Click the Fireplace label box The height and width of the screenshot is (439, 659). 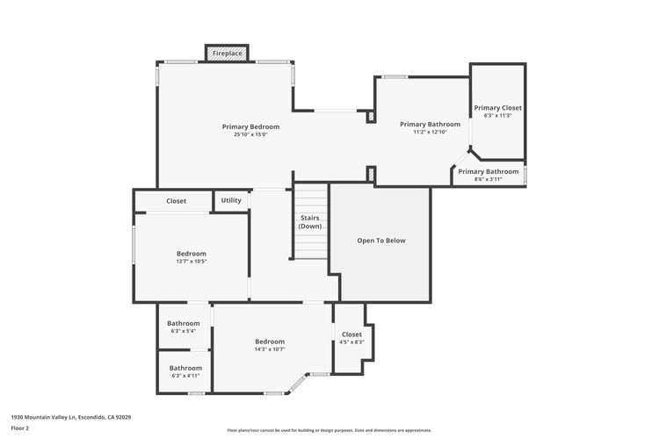228,54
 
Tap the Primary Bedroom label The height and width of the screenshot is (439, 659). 250,126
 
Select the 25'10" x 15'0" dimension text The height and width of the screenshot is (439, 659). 250,134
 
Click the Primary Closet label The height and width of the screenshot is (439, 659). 498,107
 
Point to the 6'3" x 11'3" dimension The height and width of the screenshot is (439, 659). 498,115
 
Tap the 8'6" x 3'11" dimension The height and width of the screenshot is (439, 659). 489,179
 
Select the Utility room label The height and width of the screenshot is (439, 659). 231,200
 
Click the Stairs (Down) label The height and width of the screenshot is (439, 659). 310,221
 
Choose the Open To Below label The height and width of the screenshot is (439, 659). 380,241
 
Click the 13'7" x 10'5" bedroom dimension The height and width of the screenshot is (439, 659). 192,261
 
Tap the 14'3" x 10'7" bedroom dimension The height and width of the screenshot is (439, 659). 270,349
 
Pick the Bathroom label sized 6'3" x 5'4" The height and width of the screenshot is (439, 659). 184,322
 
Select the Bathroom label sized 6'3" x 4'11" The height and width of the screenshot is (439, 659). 185,368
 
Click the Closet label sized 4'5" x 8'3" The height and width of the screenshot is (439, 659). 351,334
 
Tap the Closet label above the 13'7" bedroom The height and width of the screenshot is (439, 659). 176,201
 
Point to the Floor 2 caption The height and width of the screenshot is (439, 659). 20,428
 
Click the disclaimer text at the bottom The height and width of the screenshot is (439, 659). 329,430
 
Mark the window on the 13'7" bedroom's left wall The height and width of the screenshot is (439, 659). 134,245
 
